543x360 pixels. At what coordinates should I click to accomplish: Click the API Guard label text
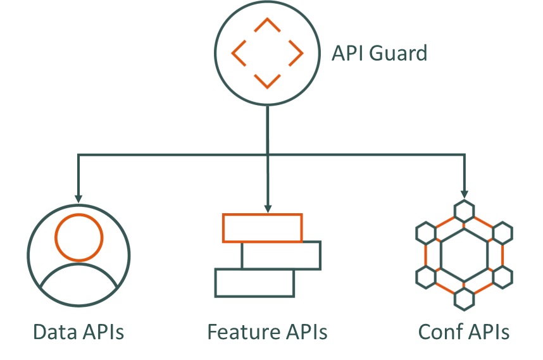379,53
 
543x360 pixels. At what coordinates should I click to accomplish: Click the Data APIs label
78,332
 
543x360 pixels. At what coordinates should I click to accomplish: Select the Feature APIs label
267,332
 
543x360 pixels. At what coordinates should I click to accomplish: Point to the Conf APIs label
464,332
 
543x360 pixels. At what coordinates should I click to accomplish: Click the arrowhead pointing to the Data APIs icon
78,198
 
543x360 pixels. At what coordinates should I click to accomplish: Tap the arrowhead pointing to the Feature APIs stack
268,208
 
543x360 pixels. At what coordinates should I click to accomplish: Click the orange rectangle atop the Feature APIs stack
262,228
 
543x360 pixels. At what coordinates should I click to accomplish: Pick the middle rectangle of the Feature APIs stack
281,256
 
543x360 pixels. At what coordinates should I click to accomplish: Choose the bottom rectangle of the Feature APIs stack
254,283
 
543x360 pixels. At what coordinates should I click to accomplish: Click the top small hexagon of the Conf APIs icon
465,211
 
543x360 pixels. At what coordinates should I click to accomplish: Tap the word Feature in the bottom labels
235,332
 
